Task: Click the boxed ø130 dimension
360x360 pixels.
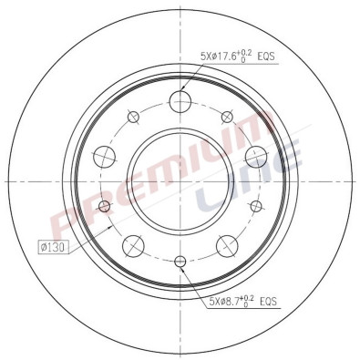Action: point(52,245)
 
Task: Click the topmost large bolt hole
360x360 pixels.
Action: point(180,101)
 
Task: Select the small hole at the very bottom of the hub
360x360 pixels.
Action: point(180,263)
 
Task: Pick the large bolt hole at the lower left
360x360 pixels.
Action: point(133,244)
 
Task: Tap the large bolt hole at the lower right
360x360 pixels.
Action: point(227,244)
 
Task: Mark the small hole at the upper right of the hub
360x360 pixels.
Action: point(227,116)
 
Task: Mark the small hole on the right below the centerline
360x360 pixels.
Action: point(257,206)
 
